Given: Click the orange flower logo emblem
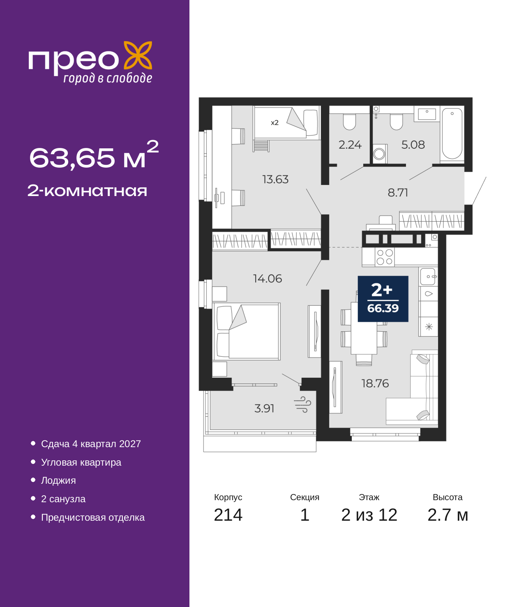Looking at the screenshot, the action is point(138,55).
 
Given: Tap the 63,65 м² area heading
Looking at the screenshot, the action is point(94,155).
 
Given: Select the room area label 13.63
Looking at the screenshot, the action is point(275,179).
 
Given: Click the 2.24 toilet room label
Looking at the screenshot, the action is point(350,145).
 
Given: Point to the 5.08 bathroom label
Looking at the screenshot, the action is point(413,145).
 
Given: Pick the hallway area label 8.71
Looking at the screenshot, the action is point(398,192).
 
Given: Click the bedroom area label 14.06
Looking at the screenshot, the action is point(267,278).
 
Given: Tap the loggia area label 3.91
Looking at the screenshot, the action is point(264,408).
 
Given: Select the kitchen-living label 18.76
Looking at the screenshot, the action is point(375,383).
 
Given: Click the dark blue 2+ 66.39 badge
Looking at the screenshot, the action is point(383,299).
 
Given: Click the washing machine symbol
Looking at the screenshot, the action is point(380,153).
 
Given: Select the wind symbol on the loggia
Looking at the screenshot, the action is point(302,405).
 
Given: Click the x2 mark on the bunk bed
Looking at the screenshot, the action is point(275,123).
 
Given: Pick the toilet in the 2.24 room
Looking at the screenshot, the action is point(349,122).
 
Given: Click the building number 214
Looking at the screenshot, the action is point(228,515).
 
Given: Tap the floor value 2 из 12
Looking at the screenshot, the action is point(369,515).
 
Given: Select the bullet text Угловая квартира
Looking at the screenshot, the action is point(81,462).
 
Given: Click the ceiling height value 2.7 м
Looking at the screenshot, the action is point(448,515).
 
